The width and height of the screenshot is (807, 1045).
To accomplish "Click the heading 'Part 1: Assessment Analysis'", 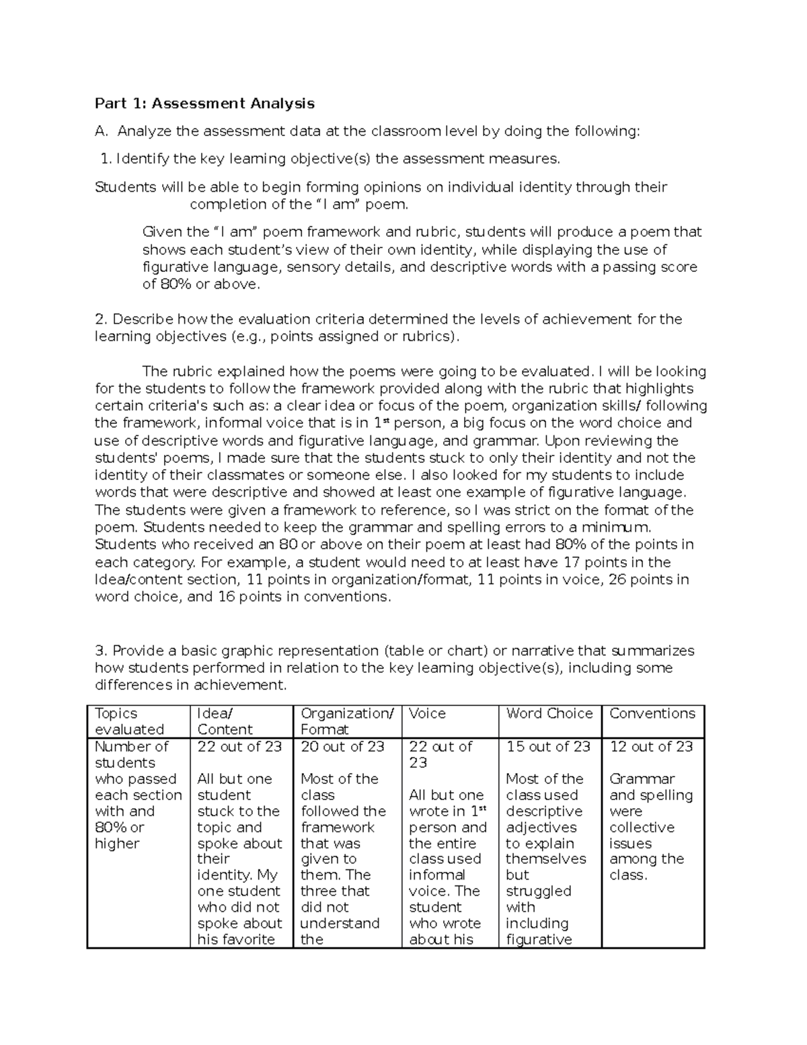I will [204, 103].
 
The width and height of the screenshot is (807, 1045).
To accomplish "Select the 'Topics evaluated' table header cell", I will [129, 721].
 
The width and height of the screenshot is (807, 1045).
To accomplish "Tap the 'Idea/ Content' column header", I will [225, 721].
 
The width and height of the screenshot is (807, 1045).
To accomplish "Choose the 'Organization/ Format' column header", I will [346, 721].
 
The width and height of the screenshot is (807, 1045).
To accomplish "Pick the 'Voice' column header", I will [427, 714].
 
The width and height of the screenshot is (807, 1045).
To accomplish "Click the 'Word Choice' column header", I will [549, 714].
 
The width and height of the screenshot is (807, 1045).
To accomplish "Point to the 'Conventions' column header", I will [652, 714].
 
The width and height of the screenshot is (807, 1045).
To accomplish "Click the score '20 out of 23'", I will [342, 747].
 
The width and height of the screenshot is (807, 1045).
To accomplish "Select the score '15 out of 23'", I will [548, 747].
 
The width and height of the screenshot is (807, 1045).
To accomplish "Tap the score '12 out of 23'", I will [651, 747].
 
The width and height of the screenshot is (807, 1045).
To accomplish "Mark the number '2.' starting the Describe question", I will [102, 319].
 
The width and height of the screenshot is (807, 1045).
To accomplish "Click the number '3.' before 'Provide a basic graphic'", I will [102, 651].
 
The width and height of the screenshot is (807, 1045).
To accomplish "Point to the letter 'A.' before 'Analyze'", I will [102, 131].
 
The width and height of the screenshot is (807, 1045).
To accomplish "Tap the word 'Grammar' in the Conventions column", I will [642, 779].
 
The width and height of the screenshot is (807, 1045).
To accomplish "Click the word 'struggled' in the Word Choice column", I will [538, 892].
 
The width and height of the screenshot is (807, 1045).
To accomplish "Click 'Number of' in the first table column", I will [131, 747].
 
